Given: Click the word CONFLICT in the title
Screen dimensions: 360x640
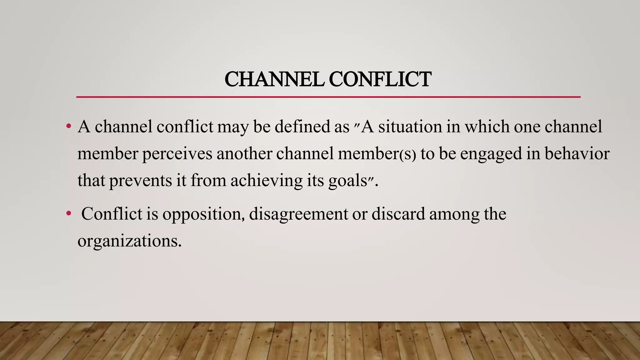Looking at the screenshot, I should click(380, 79).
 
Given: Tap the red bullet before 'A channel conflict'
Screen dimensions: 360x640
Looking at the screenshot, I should click(68, 127).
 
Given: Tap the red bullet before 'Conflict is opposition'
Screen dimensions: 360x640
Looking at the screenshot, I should click(68, 214).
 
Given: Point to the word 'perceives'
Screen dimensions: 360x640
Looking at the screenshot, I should click(177, 154).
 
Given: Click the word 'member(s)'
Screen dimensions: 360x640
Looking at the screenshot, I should click(377, 154).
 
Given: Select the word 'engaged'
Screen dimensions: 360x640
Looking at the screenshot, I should click(491, 154).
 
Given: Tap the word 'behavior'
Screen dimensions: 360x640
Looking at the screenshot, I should click(577, 154).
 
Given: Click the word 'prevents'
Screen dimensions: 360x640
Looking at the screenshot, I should click(141, 181).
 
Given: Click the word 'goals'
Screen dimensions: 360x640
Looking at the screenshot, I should click(347, 181).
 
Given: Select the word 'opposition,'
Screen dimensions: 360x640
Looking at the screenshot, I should click(203, 214).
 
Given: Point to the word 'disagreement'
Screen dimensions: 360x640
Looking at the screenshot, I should click(298, 214).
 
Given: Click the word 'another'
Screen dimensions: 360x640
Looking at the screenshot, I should click(244, 154).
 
